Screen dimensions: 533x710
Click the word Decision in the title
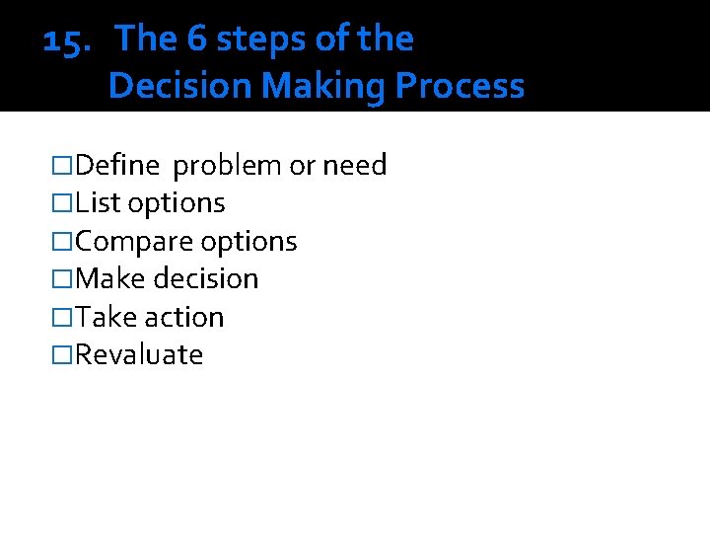tap(179, 86)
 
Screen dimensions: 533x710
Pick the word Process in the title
tap(460, 86)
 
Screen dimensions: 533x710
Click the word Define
tap(117, 165)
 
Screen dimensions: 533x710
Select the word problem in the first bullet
tap(227, 166)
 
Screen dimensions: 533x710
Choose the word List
tap(98, 202)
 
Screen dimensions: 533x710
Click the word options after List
tap(177, 203)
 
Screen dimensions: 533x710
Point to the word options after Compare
tap(248, 242)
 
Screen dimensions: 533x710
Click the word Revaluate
tap(139, 354)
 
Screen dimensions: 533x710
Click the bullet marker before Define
tap(63, 165)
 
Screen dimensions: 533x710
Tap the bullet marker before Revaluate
tap(63, 354)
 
